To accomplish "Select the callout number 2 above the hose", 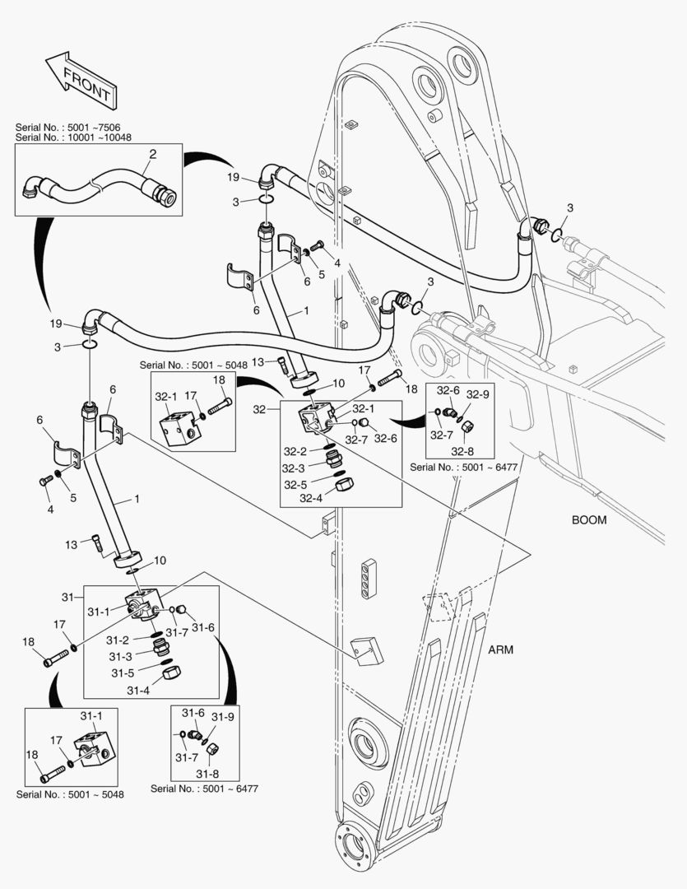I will pos(152,154).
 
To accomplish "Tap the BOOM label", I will pos(588,519).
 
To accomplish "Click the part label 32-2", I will pos(296,451).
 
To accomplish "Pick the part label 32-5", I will pos(296,485).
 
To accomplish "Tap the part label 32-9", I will pos(480,394).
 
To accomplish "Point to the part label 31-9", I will pos(225,716).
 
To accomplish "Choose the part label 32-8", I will pos(464,450).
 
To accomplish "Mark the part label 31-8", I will pos(208,773).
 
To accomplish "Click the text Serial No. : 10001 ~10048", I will pos(72,137).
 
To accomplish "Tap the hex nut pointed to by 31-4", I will pos(173,672).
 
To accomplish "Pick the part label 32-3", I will pos(296,468).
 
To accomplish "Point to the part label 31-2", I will pos(117,640).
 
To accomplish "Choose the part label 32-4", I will pos(311,498).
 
